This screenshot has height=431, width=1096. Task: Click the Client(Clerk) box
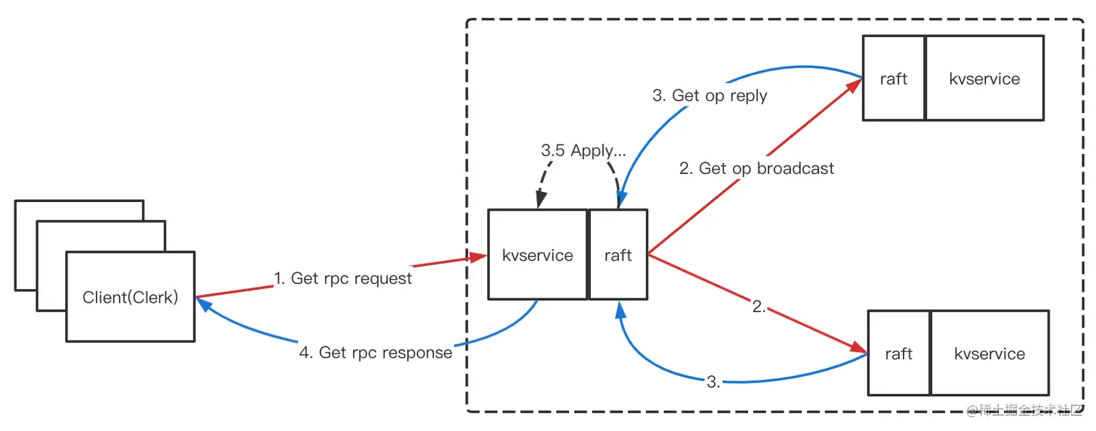pyautogui.click(x=130, y=297)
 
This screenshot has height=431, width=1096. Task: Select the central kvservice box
pyautogui.click(x=537, y=255)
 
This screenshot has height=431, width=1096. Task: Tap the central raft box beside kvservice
pyautogui.click(x=618, y=255)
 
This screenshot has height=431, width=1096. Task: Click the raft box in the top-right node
pyautogui.click(x=893, y=79)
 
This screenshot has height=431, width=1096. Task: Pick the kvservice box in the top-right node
pyautogui.click(x=984, y=79)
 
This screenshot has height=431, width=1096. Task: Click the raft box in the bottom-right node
pyautogui.click(x=898, y=353)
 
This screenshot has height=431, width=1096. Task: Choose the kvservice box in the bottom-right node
pyautogui.click(x=989, y=353)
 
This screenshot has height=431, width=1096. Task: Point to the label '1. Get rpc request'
pyautogui.click(x=343, y=278)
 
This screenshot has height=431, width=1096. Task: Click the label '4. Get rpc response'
pyautogui.click(x=375, y=353)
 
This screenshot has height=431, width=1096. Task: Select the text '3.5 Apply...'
pyautogui.click(x=584, y=151)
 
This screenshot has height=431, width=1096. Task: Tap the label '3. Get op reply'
pyautogui.click(x=709, y=95)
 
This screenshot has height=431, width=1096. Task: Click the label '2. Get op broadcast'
pyautogui.click(x=756, y=169)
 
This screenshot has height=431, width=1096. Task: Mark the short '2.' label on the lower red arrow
pyautogui.click(x=759, y=306)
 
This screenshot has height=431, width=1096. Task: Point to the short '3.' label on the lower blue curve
pyautogui.click(x=713, y=382)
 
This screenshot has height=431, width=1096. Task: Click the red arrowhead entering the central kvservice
pyautogui.click(x=478, y=257)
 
